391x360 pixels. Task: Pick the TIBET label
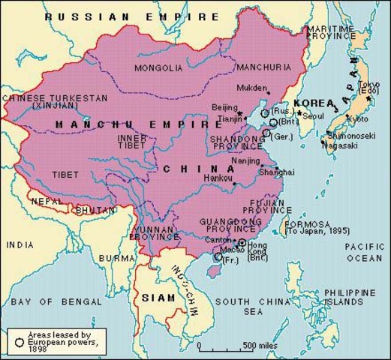pyautogui.click(x=65, y=174)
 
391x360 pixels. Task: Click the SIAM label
pyautogui.click(x=153, y=298)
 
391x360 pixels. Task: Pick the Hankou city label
pyautogui.click(x=218, y=178)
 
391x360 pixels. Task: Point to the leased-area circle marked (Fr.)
pyautogui.click(x=218, y=257)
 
